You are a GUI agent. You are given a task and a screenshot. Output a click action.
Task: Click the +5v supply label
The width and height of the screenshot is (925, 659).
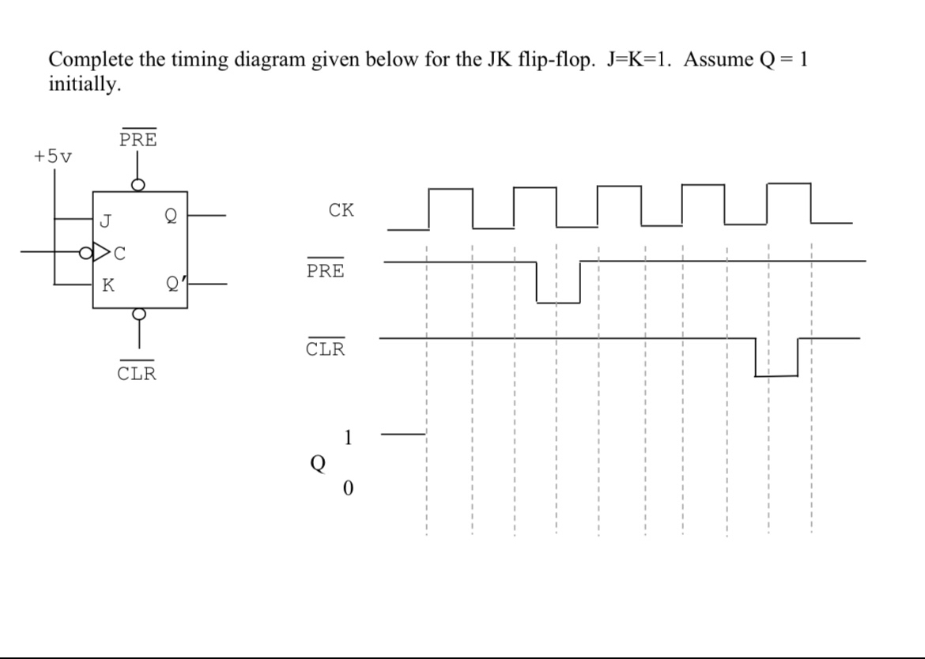[52, 156]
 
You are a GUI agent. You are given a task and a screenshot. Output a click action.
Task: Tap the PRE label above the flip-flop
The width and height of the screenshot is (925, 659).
[138, 140]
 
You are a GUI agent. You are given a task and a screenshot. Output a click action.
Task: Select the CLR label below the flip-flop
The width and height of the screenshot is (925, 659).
[138, 373]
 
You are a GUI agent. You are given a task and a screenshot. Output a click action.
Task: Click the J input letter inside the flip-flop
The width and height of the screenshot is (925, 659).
[105, 219]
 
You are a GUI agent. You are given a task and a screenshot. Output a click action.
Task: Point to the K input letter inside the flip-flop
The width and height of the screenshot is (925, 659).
[107, 285]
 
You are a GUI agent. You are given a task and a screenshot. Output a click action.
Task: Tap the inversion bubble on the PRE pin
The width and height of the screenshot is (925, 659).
[138, 185]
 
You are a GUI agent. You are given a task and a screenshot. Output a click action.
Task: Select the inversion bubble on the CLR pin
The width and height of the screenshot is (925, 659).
[138, 314]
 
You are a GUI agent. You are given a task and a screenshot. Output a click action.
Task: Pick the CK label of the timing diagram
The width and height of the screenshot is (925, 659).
[342, 210]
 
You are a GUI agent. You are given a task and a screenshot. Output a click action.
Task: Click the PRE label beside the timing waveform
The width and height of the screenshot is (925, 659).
[326, 270]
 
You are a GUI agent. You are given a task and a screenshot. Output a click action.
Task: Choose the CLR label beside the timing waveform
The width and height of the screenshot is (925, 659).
[326, 348]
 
